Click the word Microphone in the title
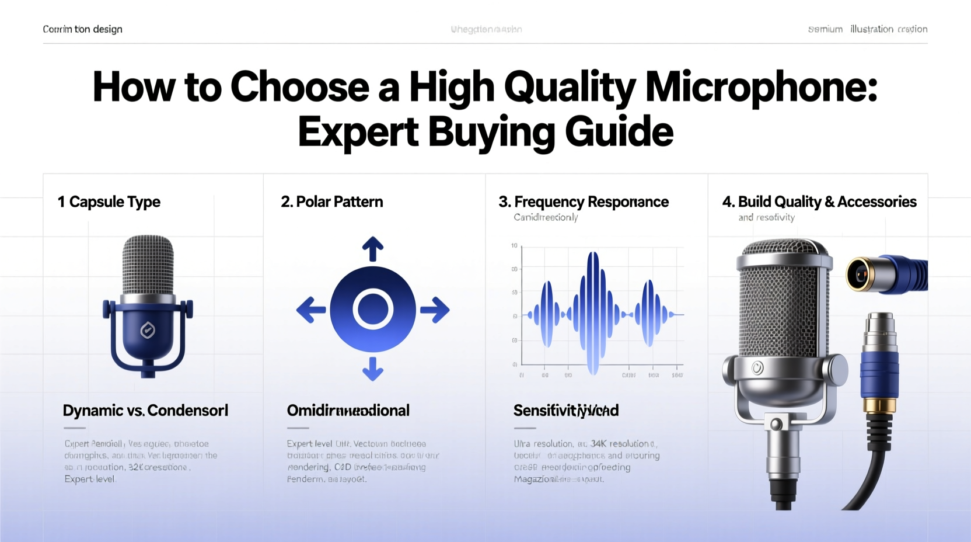click(760, 88)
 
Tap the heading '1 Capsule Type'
click(109, 202)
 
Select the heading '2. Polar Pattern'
click(331, 202)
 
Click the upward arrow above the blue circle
click(373, 249)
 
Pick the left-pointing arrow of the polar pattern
click(311, 310)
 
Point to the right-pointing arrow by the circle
click(435, 310)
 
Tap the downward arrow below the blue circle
click(373, 369)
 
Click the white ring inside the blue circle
click(373, 309)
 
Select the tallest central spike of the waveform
click(593, 312)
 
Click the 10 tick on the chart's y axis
click(514, 246)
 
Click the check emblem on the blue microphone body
click(148, 331)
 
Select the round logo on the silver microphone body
click(757, 368)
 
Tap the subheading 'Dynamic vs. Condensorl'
click(145, 411)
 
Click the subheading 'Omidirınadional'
click(348, 411)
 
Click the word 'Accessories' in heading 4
click(876, 202)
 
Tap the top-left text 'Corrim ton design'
click(82, 29)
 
